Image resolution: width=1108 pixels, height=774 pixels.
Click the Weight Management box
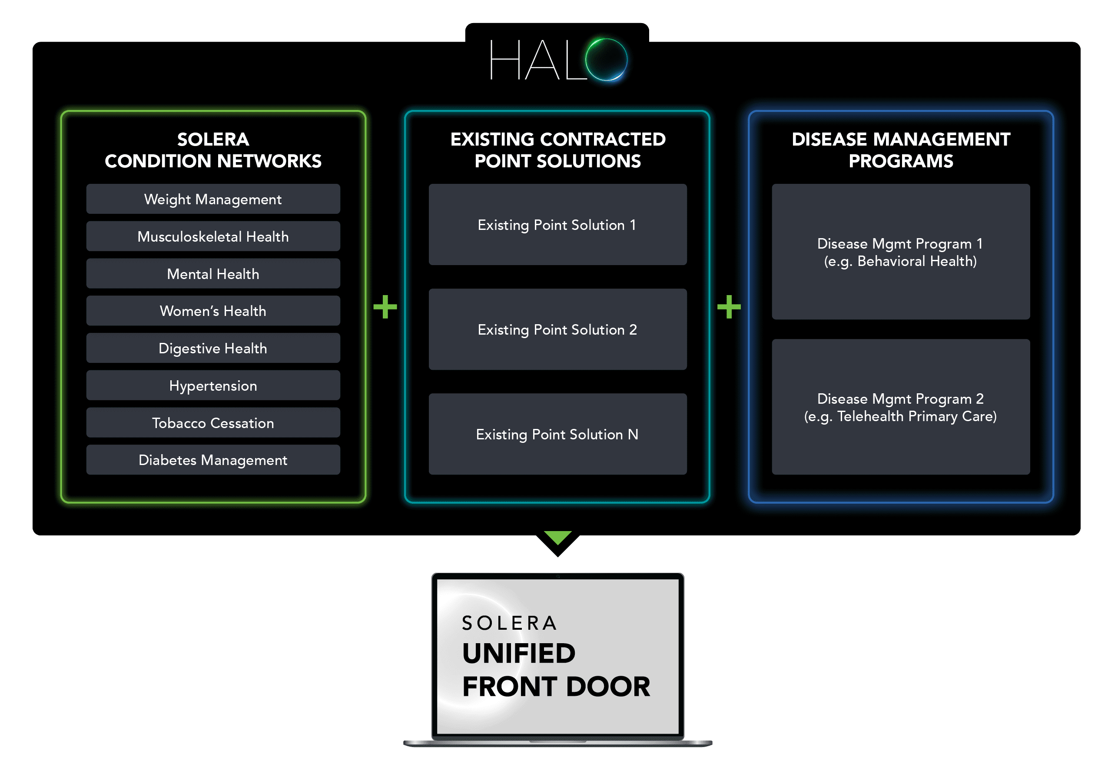213,199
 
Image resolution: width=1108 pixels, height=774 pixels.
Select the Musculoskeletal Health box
213,236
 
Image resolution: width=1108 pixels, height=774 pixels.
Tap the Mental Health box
213,274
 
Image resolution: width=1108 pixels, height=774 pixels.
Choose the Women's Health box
213,311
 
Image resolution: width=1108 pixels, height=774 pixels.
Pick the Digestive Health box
213,348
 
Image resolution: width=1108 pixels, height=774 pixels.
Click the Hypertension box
213,385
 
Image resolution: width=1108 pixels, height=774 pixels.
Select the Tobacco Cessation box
213,423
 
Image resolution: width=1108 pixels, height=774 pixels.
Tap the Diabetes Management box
213,460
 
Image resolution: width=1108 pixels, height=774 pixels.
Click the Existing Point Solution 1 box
557,225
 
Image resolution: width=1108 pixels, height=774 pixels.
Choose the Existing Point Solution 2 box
557,329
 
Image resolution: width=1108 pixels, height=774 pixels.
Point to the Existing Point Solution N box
557,434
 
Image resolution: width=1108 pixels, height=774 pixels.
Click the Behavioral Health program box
900,252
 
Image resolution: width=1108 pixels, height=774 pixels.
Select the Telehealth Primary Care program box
900,407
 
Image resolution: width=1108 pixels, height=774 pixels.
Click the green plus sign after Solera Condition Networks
385,307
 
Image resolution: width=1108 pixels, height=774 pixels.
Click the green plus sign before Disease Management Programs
729,307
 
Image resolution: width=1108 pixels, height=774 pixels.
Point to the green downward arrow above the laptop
557,538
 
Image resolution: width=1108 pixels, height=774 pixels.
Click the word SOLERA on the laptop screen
510,623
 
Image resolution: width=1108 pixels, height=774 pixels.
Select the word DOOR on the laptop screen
608,687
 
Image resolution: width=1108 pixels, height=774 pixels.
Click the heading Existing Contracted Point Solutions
557,150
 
